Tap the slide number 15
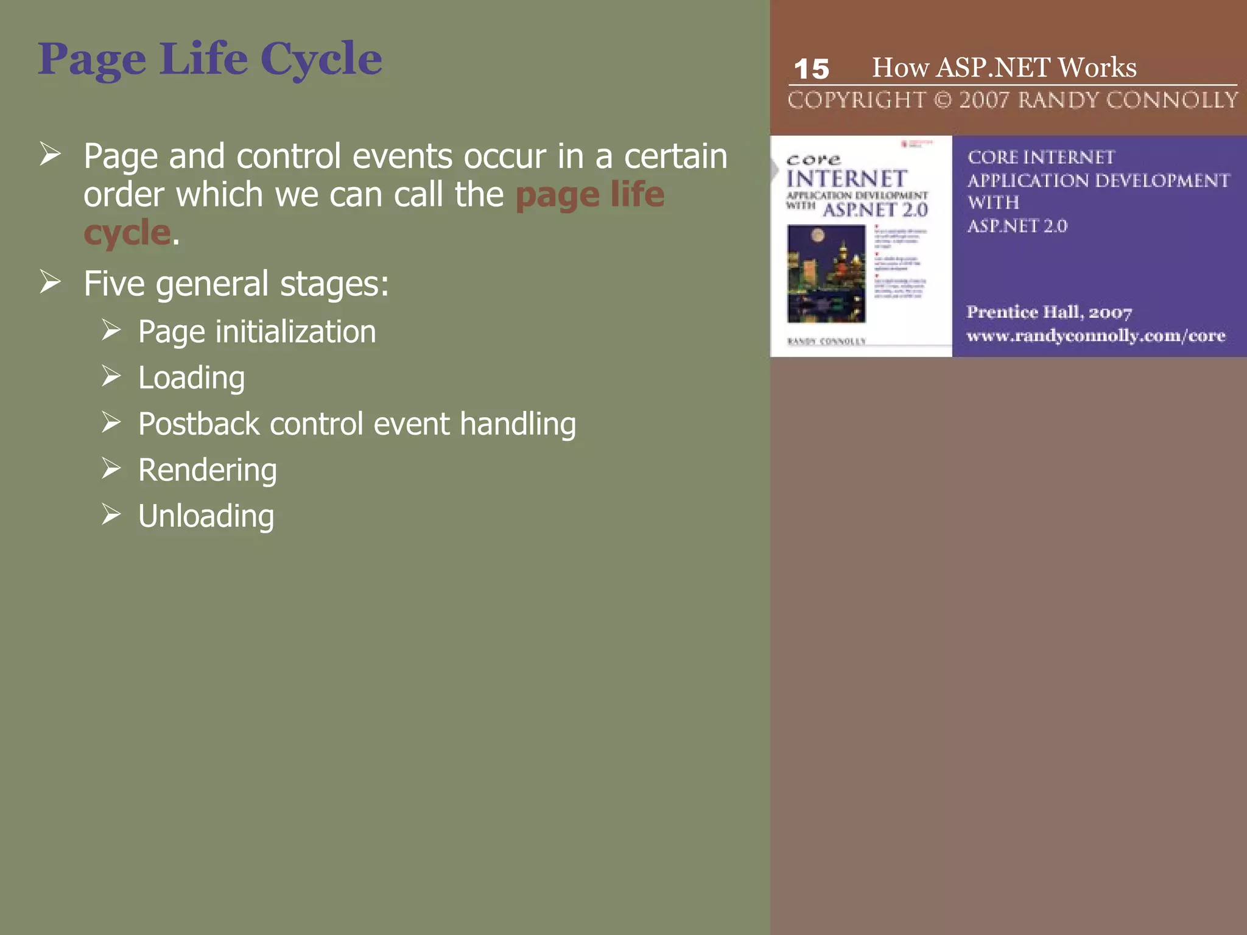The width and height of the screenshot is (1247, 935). coord(811,69)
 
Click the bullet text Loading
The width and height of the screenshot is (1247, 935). coord(191,378)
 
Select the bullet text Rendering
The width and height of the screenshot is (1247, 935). coord(207,470)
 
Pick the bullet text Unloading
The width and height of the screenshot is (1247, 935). coord(206,516)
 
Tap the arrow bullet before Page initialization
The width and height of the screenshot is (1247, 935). coord(111,331)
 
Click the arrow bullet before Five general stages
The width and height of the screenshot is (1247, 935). coord(51,282)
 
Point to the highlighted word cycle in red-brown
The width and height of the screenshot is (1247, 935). coord(127,233)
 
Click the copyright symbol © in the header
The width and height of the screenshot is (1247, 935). coord(942,100)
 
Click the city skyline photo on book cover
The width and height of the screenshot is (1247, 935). coord(826,273)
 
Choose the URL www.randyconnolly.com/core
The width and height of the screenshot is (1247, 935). coord(1095,336)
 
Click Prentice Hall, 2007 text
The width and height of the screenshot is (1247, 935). coord(1049,312)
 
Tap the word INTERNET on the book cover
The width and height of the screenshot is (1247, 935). coord(846,179)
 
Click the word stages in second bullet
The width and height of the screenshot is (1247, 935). coord(332,284)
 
